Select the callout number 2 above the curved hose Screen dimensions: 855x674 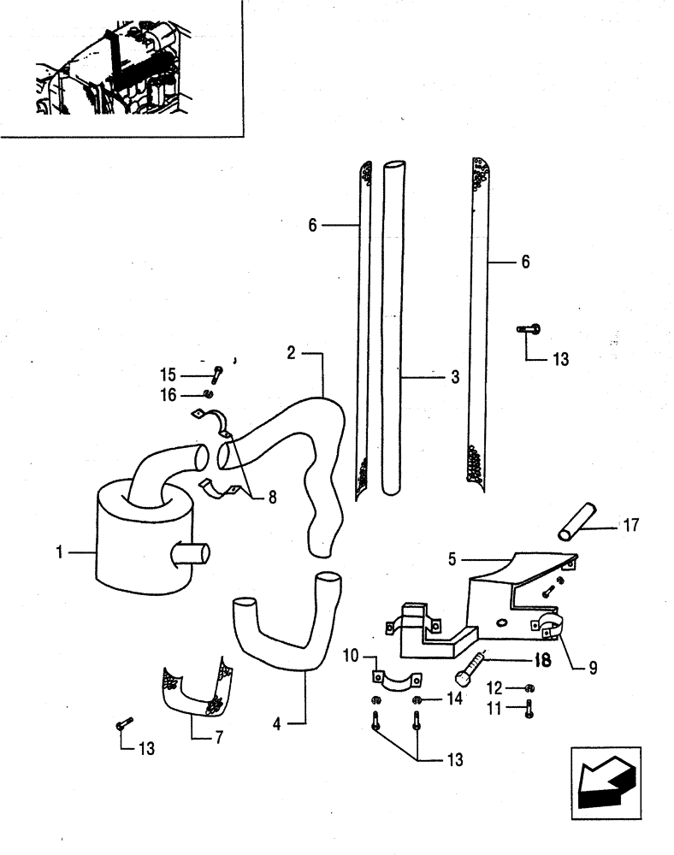(292, 352)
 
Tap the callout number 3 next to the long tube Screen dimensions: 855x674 (454, 376)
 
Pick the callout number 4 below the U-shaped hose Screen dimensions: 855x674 (276, 725)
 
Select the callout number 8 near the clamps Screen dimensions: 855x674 (272, 496)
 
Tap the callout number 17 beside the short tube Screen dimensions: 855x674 (632, 524)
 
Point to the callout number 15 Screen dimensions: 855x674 (168, 374)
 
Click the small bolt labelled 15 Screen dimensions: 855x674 (217, 372)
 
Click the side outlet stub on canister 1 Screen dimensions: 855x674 (191, 556)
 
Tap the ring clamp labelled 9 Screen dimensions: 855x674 (547, 627)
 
